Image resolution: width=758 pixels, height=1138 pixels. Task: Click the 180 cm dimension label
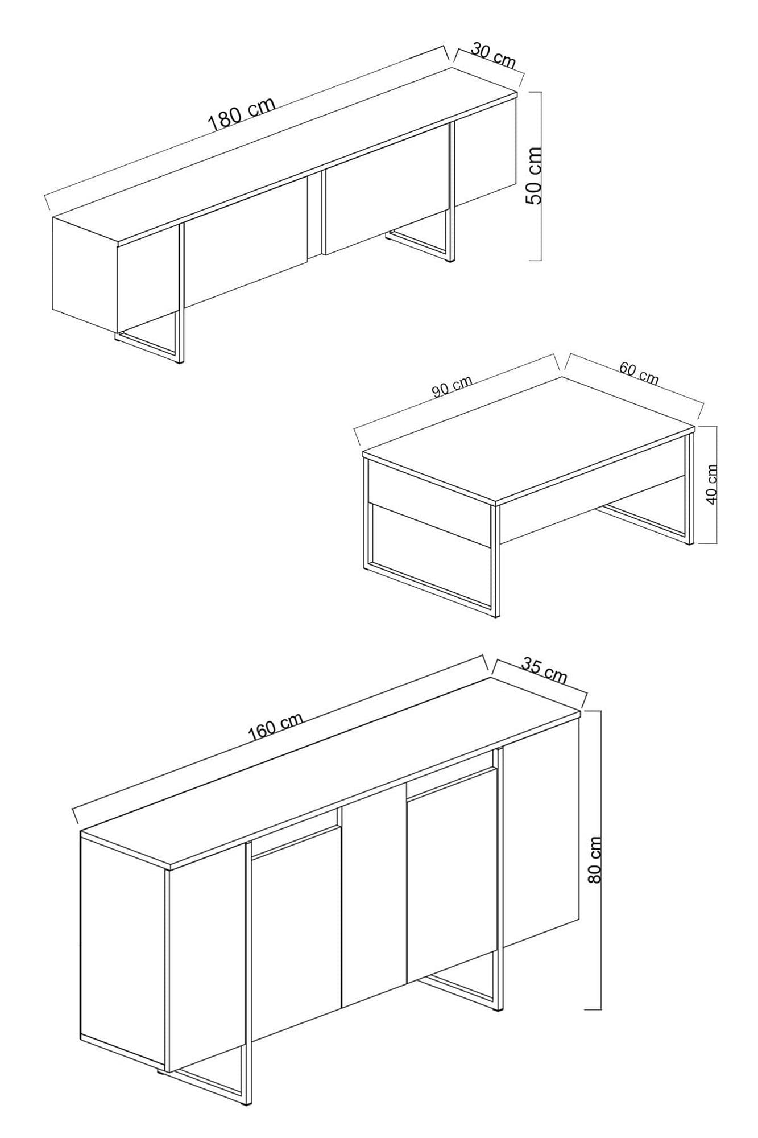[242, 114]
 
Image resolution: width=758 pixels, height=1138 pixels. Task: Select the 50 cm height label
[535, 175]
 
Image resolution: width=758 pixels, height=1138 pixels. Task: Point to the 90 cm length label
[452, 387]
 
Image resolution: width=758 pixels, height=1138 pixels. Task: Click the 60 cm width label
[639, 373]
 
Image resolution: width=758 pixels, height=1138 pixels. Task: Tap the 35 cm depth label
[545, 670]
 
